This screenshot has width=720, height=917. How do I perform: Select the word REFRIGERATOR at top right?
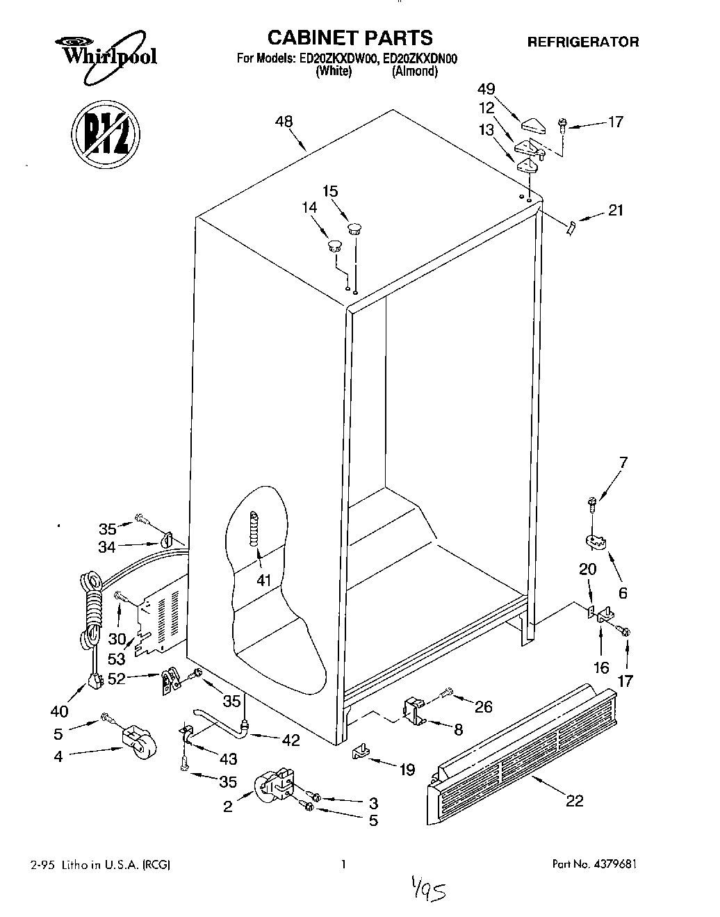click(582, 42)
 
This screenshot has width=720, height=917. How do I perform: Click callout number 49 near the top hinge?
click(487, 88)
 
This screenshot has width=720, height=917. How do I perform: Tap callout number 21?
click(616, 211)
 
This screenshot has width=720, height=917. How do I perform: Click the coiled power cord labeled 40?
click(90, 612)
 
